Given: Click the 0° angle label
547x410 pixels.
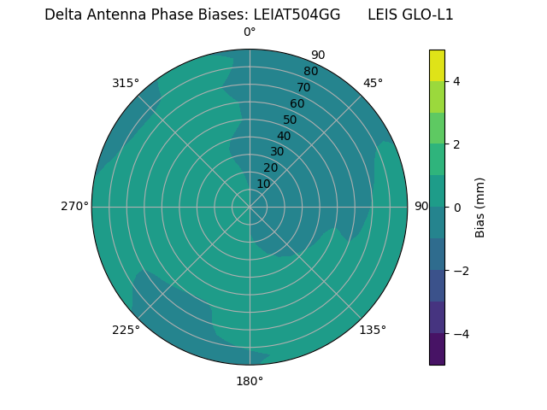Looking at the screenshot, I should (x=250, y=32).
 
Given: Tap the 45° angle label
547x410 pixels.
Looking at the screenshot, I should (x=373, y=83).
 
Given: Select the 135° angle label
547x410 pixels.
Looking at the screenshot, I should (x=373, y=330).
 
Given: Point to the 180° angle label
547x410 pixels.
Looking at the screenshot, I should (x=250, y=381).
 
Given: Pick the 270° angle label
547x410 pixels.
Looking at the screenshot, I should (x=74, y=206).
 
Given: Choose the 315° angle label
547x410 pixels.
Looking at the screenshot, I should (x=126, y=83).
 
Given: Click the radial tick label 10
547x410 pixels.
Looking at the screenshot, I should (x=263, y=184).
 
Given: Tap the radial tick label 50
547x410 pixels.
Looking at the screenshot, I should (x=291, y=120).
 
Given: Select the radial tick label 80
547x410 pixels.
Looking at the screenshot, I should (x=310, y=72).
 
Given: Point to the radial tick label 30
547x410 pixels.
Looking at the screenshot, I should (x=277, y=152).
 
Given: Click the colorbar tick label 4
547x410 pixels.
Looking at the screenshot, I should (x=456, y=81).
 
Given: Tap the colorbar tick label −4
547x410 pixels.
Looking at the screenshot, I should (x=458, y=333).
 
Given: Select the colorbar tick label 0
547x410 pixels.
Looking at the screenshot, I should (x=456, y=207).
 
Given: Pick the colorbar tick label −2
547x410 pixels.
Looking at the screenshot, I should (x=458, y=270).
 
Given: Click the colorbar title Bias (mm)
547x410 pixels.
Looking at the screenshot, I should (x=480, y=207).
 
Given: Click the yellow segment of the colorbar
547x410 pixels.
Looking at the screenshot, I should (x=437, y=65).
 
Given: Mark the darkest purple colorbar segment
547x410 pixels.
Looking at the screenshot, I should (x=437, y=348).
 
